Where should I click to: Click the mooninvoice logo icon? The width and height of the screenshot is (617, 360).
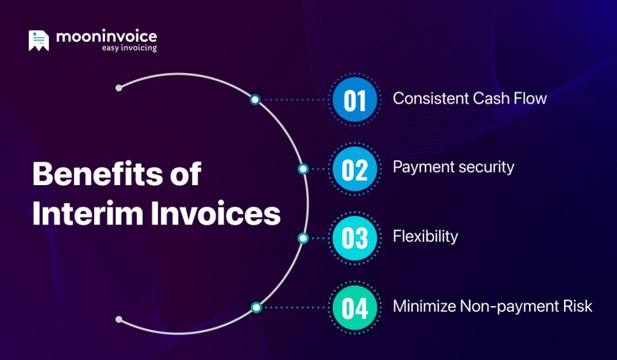tap(39, 40)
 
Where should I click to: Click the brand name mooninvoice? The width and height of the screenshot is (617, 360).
tap(106, 36)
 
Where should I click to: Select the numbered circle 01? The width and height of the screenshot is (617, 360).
tap(355, 100)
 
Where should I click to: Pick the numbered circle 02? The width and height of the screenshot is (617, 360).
tap(355, 169)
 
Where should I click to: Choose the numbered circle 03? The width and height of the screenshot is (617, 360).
tap(355, 238)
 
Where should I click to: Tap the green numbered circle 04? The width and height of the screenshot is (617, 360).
tap(355, 308)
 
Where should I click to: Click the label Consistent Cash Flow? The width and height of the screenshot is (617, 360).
tap(469, 98)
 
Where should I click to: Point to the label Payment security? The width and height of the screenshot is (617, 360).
tap(453, 167)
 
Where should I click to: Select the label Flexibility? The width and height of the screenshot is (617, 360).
tap(425, 236)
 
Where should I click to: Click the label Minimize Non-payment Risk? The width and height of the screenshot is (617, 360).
tap(492, 306)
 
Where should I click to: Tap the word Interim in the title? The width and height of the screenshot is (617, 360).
tap(87, 215)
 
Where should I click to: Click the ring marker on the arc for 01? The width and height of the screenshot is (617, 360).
tap(255, 99)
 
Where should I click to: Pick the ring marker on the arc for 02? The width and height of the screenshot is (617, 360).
tap(303, 169)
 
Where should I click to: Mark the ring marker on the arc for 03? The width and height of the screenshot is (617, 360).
tap(303, 238)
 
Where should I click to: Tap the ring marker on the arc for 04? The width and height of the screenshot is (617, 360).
tap(255, 308)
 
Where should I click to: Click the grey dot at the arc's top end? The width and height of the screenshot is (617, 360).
tap(119, 88)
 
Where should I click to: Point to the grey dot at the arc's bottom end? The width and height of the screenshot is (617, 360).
tap(119, 319)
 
